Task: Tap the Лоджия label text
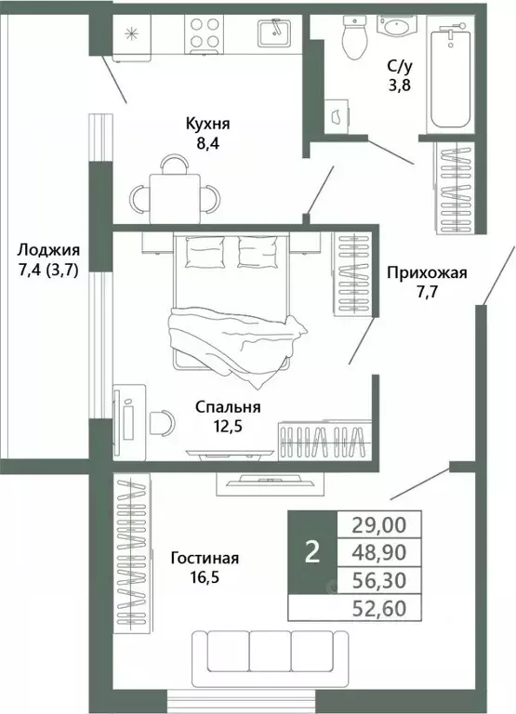pos(48,250)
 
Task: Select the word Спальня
pos(227,407)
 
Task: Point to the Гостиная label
pos(205,558)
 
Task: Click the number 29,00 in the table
pos(384,524)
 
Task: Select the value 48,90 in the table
pos(384,551)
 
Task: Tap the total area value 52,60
pos(384,609)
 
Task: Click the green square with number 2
pos(312,552)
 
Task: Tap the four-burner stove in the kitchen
pos(205,33)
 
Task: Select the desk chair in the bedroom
pos(161,421)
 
